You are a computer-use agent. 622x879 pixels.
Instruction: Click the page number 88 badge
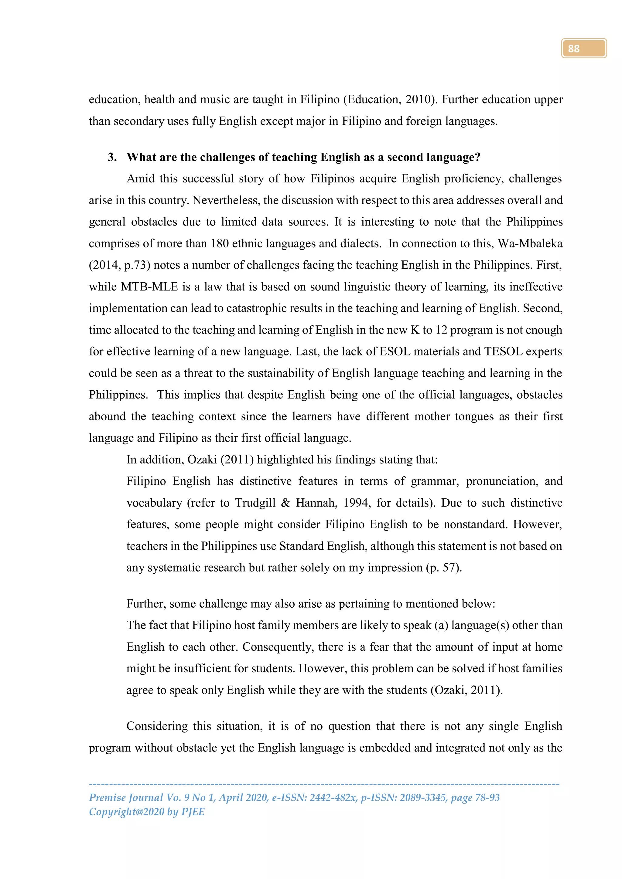tap(583, 48)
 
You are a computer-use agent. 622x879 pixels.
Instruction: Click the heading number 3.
tap(112, 157)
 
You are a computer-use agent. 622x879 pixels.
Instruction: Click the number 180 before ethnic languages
tap(220, 243)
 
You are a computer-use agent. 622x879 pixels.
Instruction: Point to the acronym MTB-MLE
tap(149, 287)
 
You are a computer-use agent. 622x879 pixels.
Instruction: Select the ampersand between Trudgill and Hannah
tap(285, 503)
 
